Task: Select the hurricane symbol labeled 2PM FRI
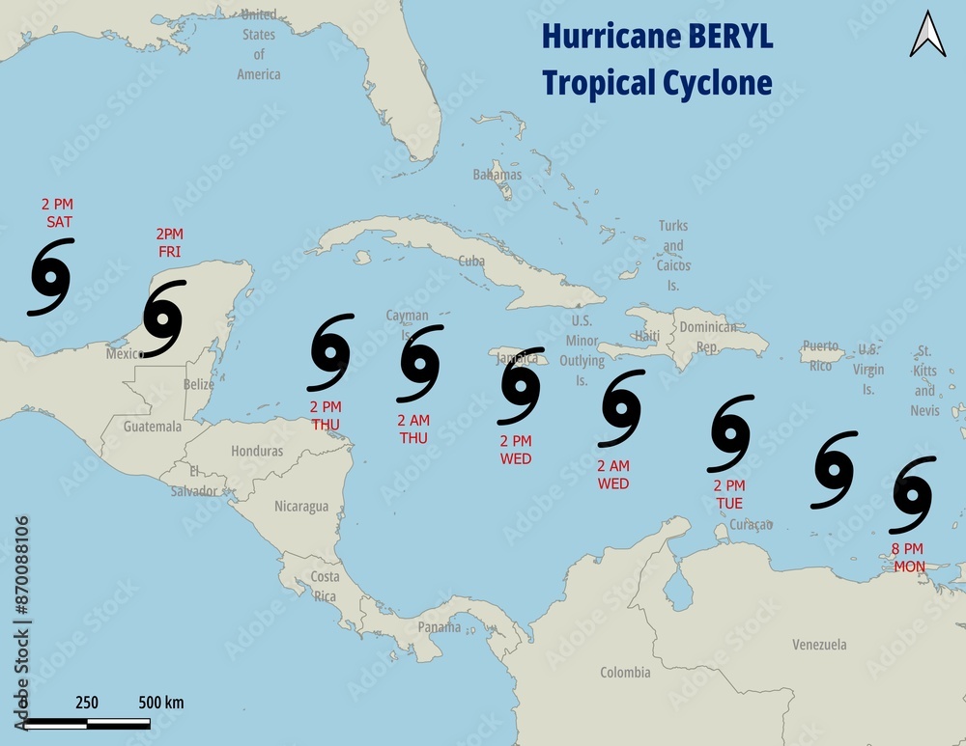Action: coord(164,318)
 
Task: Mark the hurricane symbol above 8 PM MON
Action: coord(913,495)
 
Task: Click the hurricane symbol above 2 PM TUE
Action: coord(731,433)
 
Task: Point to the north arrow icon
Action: coord(928,34)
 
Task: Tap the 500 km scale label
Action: coord(161,702)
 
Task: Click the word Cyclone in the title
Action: coord(717,83)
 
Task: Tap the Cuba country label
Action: coord(471,261)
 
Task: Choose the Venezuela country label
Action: coord(819,644)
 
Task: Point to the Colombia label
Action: coord(625,672)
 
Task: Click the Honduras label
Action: coord(257,451)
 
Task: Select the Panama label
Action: coord(440,627)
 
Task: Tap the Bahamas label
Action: coord(497,175)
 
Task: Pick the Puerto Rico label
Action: coord(820,355)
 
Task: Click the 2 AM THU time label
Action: coord(413,429)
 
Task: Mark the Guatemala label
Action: coord(153,426)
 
